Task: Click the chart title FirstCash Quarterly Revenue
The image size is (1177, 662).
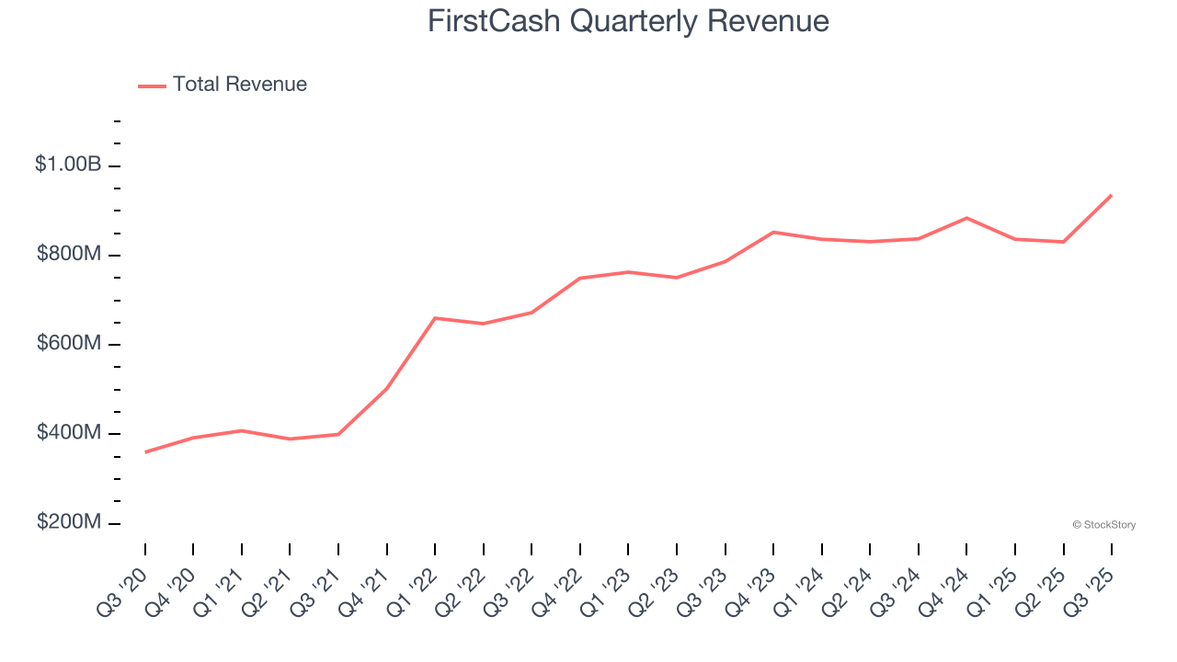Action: coord(628,21)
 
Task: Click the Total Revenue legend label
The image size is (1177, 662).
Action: coord(239,85)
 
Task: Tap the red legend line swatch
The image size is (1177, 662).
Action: coord(152,86)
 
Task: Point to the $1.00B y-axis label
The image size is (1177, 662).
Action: coord(68,165)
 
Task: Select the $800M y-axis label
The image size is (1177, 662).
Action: coord(69,254)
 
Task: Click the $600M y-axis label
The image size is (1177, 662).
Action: coord(69,343)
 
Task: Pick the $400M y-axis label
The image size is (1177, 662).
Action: coord(69,432)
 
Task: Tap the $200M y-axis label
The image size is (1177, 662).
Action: coord(69,522)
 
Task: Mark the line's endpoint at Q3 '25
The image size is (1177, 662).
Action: coord(1112,195)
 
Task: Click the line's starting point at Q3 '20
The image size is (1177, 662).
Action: coord(145,452)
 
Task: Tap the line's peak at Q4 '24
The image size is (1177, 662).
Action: coord(966,218)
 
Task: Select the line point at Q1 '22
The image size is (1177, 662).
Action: coord(435,318)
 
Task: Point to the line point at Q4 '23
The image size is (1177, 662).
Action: coord(773,232)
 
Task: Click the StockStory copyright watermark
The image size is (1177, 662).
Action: coord(1103,525)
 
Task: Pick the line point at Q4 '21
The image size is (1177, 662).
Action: coord(387,389)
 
